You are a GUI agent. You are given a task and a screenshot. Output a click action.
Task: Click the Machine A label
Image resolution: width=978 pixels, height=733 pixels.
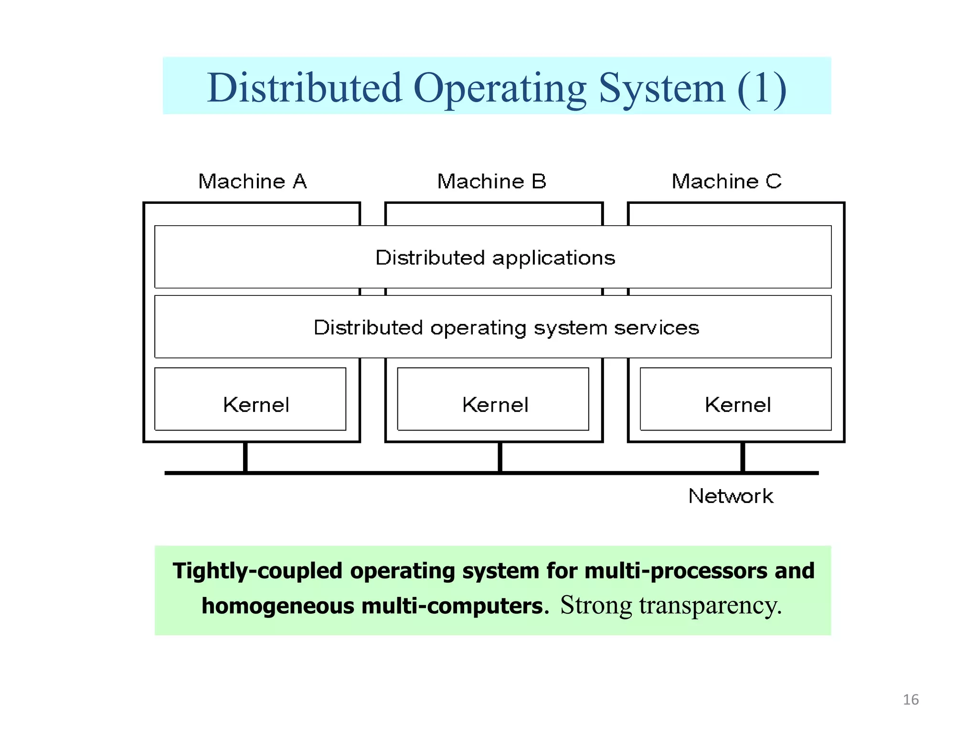pos(252,181)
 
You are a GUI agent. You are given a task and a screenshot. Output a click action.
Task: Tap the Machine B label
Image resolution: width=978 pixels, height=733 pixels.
pos(491,181)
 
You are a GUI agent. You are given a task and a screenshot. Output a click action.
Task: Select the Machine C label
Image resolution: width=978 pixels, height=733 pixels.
pos(726,181)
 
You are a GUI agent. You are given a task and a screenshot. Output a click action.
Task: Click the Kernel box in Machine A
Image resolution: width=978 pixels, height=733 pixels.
pos(250,399)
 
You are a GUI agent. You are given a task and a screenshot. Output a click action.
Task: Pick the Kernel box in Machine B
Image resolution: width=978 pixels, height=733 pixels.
pos(493,399)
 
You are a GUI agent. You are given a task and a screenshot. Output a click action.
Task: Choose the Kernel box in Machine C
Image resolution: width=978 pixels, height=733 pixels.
pos(735,399)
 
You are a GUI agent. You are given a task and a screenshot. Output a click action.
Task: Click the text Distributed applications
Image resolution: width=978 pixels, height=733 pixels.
pos(495,258)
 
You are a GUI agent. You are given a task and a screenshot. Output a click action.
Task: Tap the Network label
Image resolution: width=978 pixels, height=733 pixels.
pos(730,496)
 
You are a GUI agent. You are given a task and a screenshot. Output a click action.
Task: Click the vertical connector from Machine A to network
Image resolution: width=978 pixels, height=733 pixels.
pos(245,457)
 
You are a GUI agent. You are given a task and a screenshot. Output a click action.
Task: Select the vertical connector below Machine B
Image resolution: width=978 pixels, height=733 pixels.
pos(500,457)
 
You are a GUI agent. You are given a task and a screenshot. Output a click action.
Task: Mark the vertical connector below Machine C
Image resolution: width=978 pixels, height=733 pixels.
pos(743,457)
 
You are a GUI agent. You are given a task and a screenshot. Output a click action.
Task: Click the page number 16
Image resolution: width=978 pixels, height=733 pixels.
pos(910,700)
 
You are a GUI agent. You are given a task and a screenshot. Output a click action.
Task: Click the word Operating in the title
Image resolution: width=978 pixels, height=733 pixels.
pos(500,89)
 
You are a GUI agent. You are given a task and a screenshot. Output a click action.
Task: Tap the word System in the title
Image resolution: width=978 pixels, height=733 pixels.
pos(662,89)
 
